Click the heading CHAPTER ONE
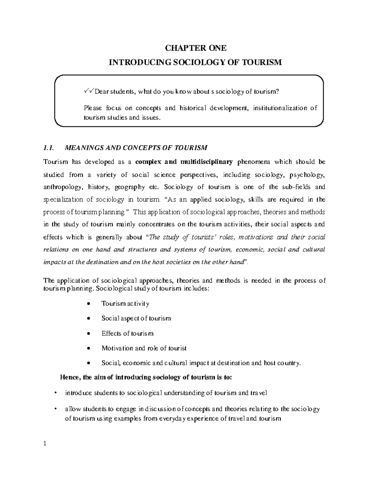[196, 48]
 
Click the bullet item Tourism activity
[125, 304]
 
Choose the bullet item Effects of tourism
[127, 334]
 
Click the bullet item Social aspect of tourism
[136, 319]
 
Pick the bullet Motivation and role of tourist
[144, 348]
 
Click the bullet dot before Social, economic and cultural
[89, 363]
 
